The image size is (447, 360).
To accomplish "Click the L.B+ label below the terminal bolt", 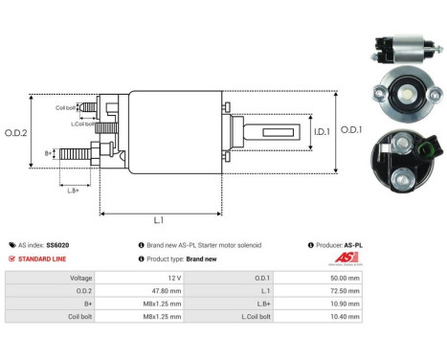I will pos(73,191).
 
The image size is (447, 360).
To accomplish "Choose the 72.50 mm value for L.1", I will pos(344,289).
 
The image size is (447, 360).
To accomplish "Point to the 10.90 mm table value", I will pos(344,303).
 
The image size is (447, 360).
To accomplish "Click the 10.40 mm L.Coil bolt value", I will pos(344,316).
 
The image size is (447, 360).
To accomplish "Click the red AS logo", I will pos(351,260).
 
